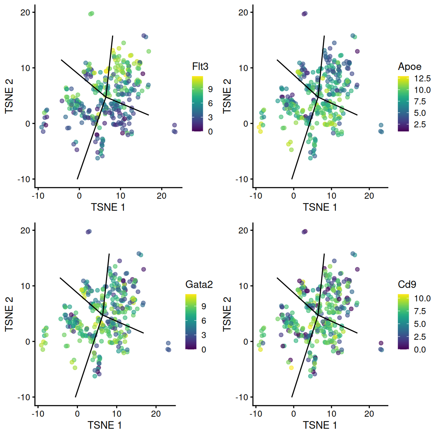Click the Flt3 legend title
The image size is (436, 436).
click(x=200, y=67)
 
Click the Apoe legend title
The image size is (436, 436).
click(x=410, y=67)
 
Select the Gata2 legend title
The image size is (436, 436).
click(x=199, y=285)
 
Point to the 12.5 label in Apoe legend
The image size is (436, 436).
click(x=422, y=79)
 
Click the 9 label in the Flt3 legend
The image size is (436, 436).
click(x=210, y=89)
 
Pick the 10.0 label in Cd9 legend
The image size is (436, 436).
click(x=422, y=299)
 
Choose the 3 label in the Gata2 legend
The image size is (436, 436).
click(x=204, y=335)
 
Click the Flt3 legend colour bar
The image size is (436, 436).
click(x=198, y=104)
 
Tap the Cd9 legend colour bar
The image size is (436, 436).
click(x=403, y=322)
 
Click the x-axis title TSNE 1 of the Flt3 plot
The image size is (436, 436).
click(x=108, y=207)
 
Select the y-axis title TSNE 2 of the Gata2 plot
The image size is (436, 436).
click(x=9, y=314)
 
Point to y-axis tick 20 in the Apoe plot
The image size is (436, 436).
click(x=243, y=12)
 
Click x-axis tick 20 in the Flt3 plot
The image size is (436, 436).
click(x=162, y=196)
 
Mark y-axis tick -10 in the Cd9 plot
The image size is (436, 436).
click(x=242, y=397)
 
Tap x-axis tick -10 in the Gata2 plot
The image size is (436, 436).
click(x=37, y=414)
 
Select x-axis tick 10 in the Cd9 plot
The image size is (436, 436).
click(x=332, y=414)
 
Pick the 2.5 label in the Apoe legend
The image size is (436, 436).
click(x=420, y=125)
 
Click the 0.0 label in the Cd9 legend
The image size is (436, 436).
click(x=420, y=350)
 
